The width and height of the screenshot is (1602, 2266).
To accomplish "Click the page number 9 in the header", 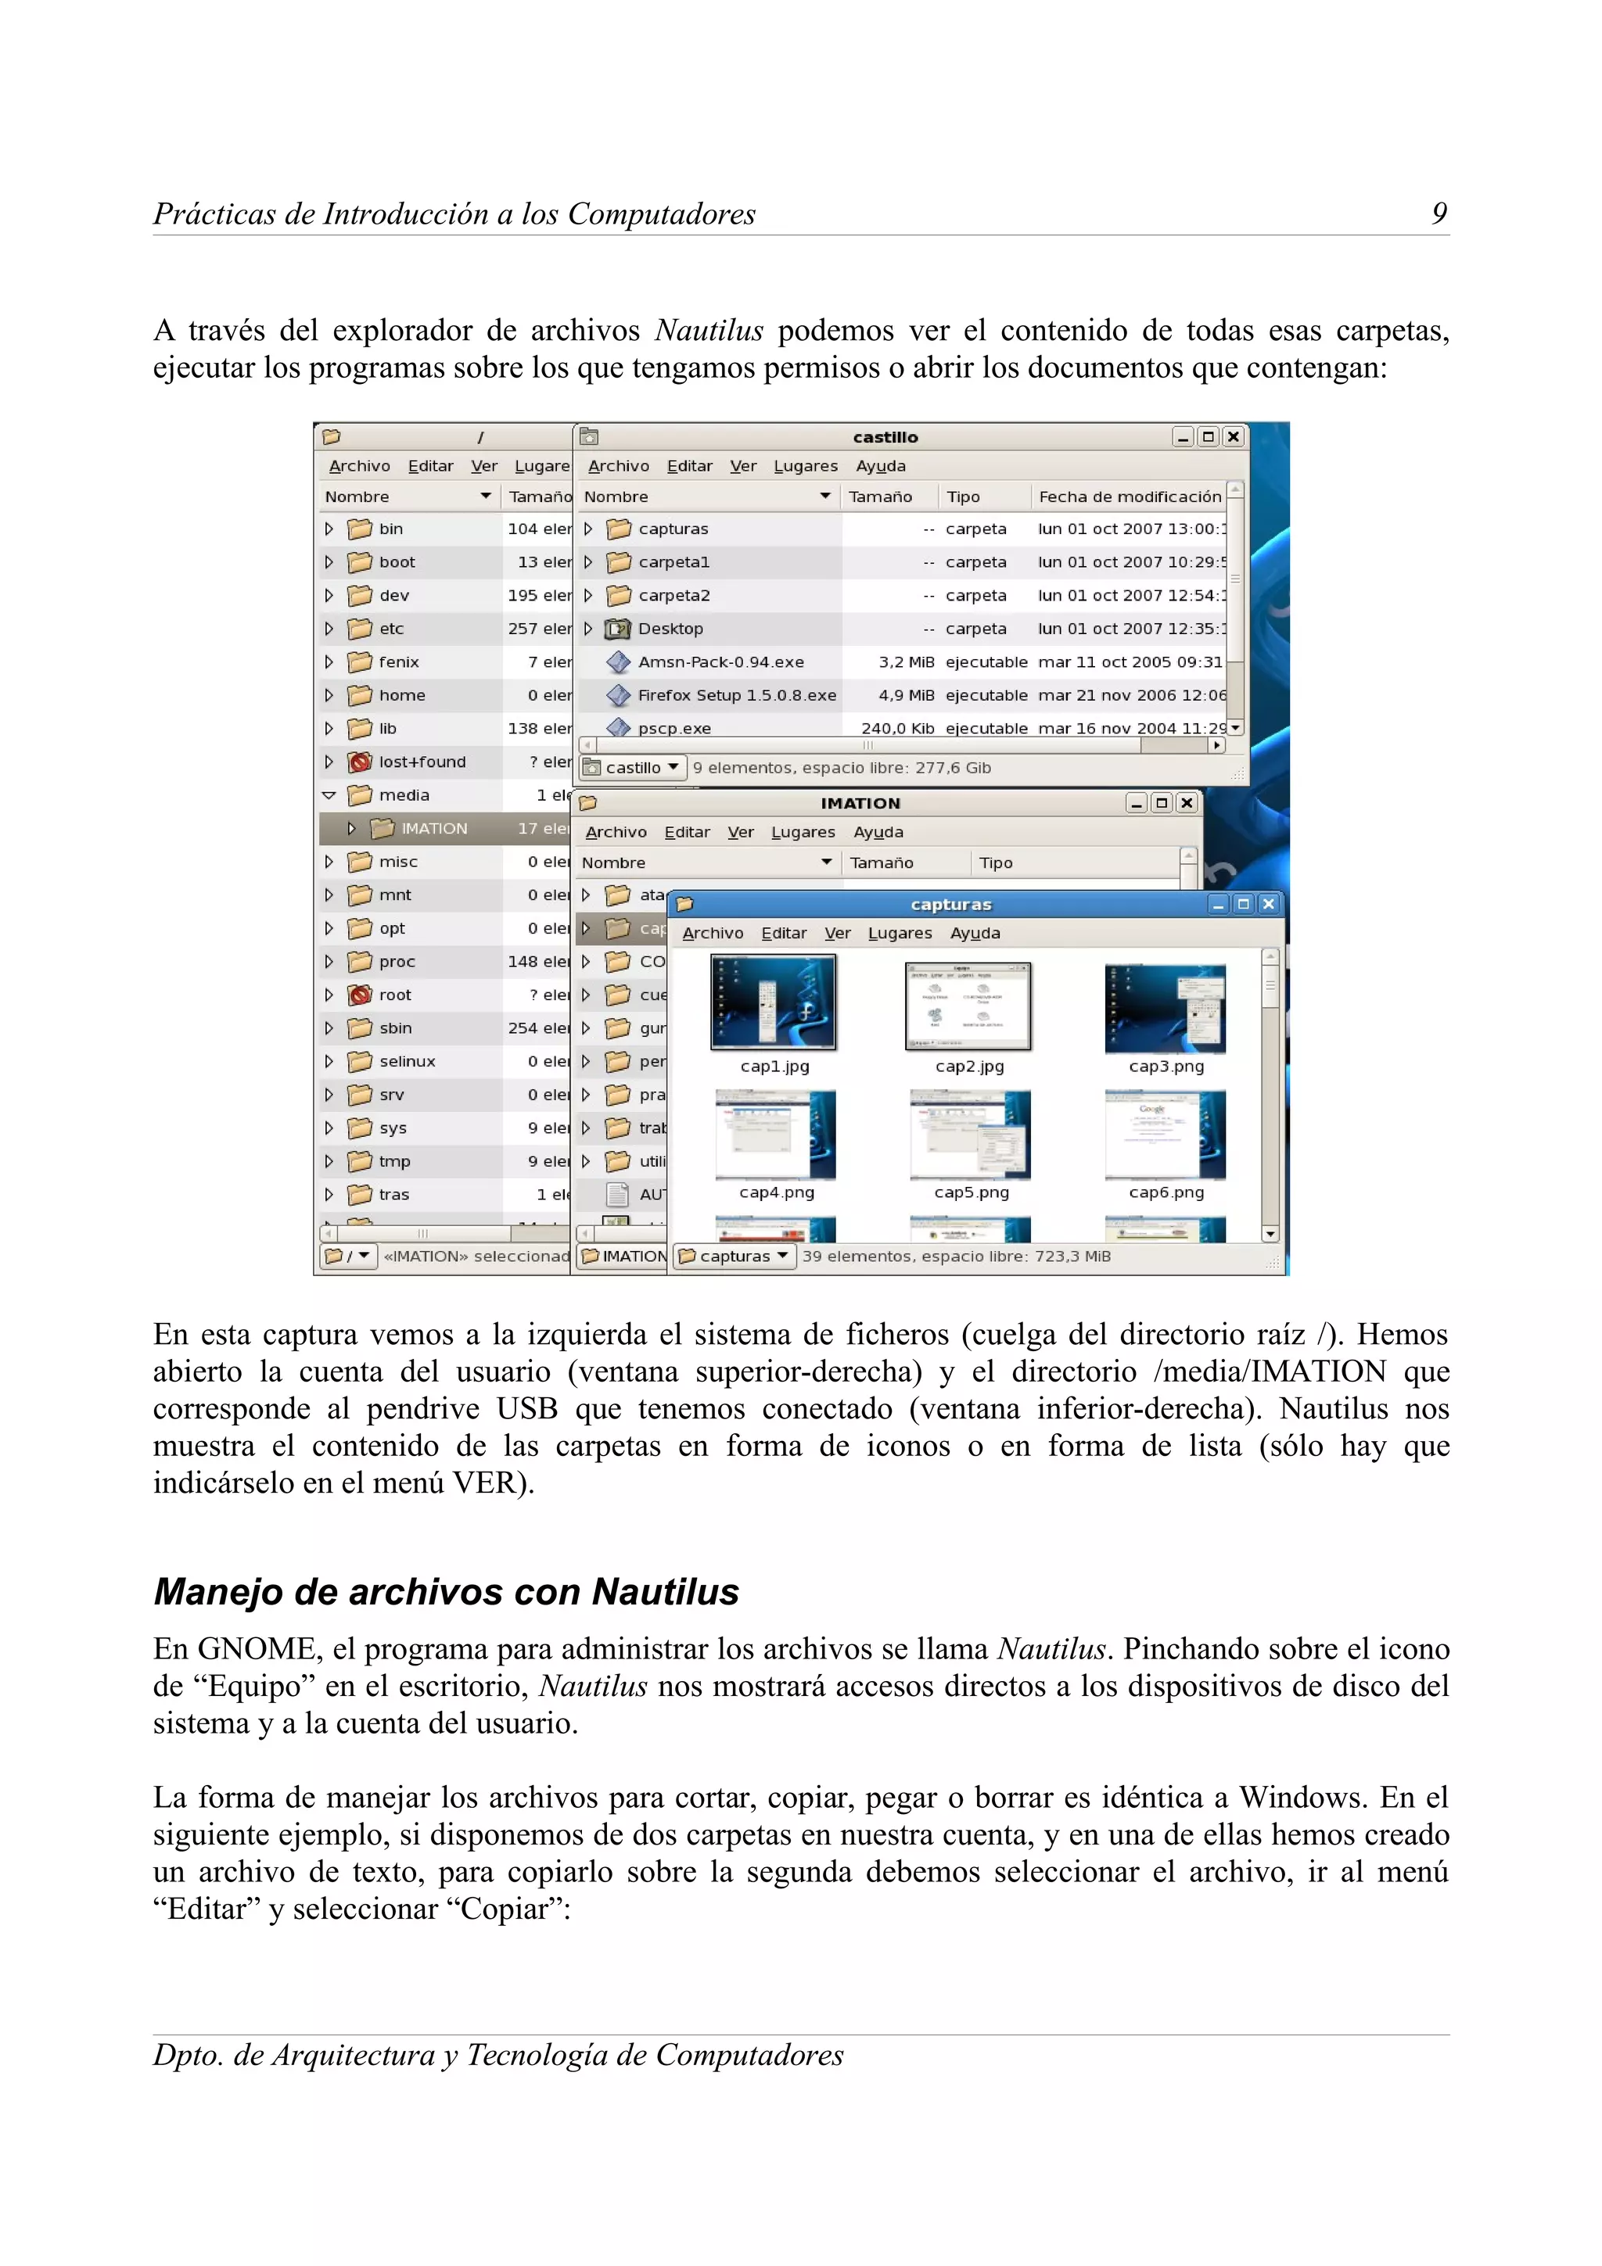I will (1439, 213).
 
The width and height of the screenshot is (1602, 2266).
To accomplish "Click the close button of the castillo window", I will (1233, 436).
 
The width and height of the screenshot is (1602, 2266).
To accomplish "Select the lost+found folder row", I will (422, 762).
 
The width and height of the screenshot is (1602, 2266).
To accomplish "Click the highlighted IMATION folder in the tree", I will (433, 828).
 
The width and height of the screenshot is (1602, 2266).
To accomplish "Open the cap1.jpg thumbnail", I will (773, 1004).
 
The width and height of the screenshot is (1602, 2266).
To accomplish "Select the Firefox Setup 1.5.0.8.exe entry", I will (736, 695).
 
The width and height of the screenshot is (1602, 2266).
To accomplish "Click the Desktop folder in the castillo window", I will (670, 629).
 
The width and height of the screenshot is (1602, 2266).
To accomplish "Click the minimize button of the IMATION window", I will (1136, 803).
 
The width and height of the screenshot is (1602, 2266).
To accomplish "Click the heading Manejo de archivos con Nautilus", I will (446, 1592).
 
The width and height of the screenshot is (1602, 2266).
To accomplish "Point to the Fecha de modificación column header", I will (1130, 497).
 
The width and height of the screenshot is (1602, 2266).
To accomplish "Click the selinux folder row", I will (407, 1061).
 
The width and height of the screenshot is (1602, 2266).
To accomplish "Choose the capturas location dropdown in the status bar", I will (735, 1257).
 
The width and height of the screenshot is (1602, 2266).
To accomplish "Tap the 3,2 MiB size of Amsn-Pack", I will (905, 662).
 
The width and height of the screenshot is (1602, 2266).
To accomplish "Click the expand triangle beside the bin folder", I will (329, 529).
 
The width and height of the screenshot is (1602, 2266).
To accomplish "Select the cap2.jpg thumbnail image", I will (968, 1006).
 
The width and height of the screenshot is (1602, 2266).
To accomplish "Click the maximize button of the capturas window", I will (1243, 904).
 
